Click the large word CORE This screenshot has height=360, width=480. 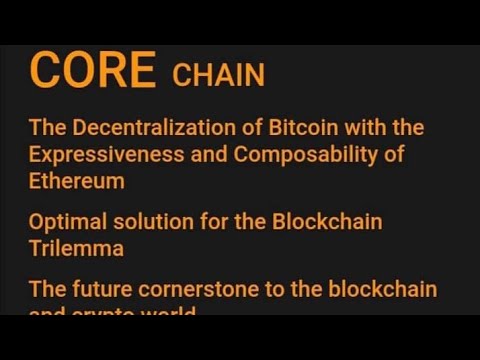[x=92, y=71]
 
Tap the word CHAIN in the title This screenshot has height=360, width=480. [x=218, y=75]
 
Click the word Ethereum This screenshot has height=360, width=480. [x=76, y=181]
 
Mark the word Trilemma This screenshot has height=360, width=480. [x=76, y=246]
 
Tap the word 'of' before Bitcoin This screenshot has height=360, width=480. [x=239, y=128]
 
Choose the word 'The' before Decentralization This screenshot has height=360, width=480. [x=46, y=128]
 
